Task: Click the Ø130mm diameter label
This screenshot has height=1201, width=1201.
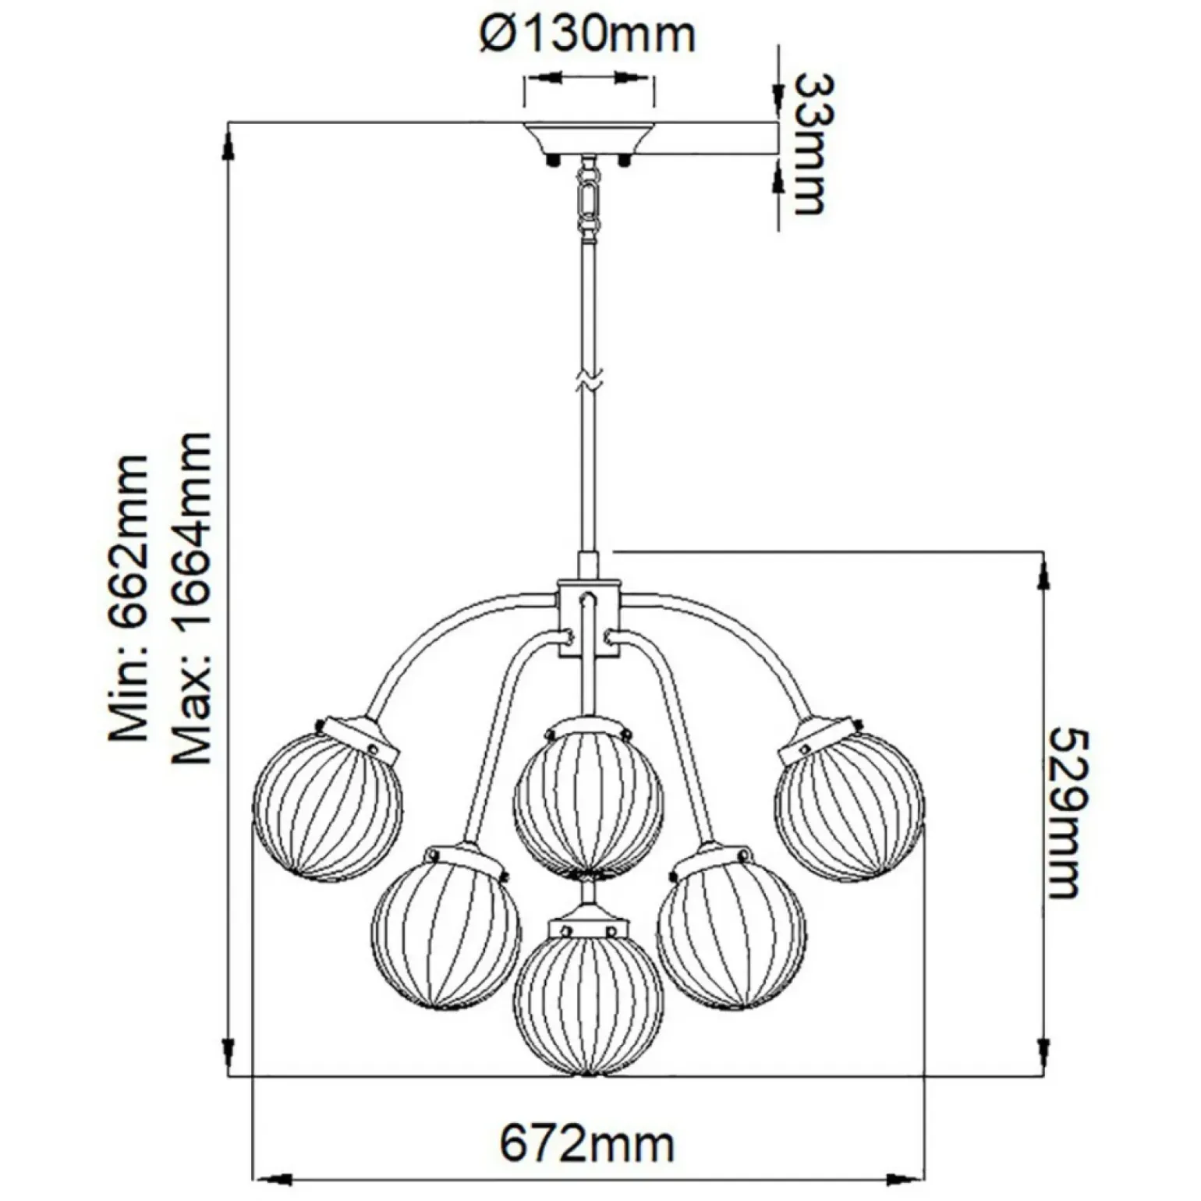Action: pyautogui.click(x=587, y=35)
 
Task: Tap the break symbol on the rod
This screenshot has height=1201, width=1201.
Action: pyautogui.click(x=589, y=381)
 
